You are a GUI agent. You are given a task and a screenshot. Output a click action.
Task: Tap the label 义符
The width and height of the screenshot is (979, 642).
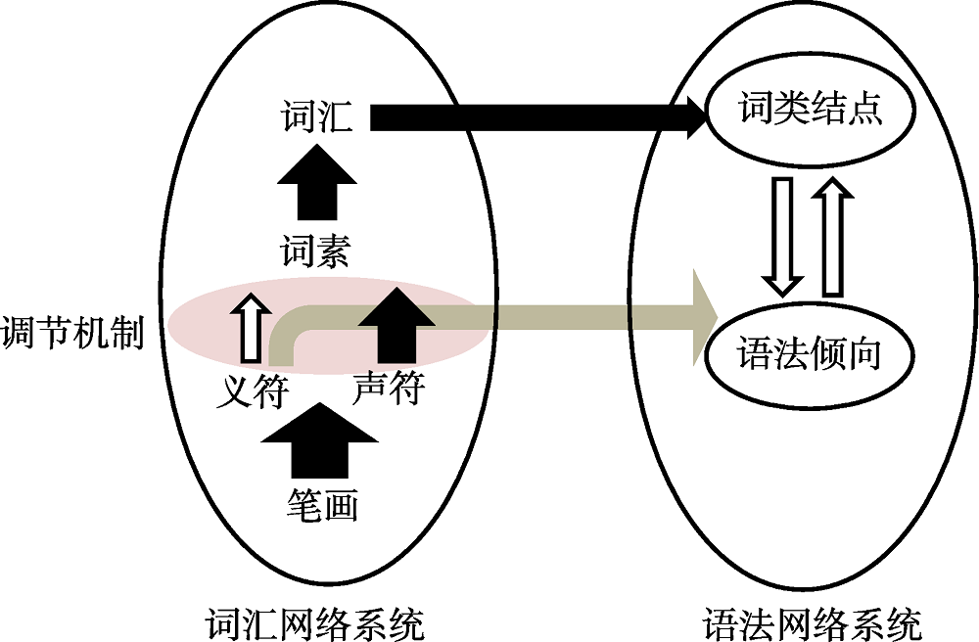[x=253, y=391]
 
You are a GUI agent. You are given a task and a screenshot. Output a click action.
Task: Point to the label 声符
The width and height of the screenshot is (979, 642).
[x=388, y=390]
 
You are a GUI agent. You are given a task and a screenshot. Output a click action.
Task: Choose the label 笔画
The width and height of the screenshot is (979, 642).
[x=322, y=504]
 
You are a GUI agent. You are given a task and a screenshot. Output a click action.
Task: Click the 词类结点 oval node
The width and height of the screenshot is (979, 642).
[x=811, y=110]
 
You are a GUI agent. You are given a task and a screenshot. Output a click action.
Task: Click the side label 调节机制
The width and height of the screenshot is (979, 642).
[x=72, y=333]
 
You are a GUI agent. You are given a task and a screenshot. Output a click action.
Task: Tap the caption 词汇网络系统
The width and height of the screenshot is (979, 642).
[x=315, y=623]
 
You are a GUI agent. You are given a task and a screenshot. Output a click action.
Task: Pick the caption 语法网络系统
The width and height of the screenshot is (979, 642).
[x=812, y=623]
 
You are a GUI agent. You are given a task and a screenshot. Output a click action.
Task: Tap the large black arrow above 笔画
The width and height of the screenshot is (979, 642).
[x=321, y=440]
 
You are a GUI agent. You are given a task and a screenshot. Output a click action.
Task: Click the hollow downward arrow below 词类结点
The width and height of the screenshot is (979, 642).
[x=784, y=235]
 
